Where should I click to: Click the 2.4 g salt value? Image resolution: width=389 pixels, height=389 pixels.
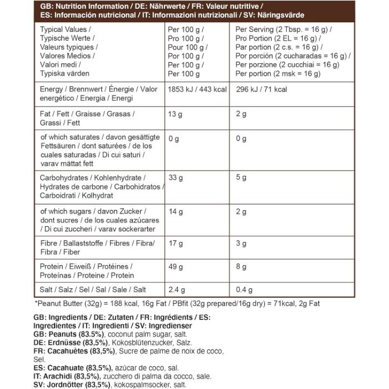pos(177,290)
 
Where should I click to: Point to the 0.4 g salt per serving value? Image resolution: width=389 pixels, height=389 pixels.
pos(245,290)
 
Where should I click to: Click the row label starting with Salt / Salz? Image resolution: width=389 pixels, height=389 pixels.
pos(93,290)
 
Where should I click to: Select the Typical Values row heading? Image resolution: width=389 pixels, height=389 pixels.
pos(66,29)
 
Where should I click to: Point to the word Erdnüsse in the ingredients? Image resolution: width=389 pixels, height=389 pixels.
pos(65,343)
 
